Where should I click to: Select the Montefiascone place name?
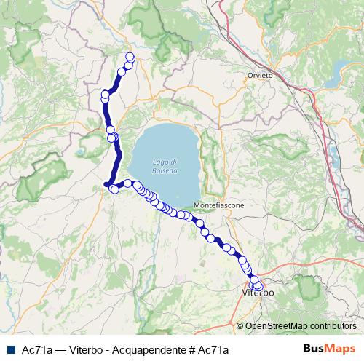coord(219,206)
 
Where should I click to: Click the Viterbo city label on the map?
coord(257,293)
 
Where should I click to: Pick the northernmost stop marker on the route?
coord(130,57)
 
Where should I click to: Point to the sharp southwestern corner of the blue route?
coord(106,185)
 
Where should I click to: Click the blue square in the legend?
coord(11,349)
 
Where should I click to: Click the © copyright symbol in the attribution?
coord(241,327)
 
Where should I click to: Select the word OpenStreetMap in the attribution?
coord(276,327)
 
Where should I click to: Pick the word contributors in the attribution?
coord(333,327)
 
